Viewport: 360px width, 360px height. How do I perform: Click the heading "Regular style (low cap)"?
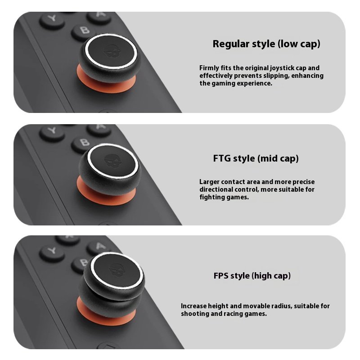(266, 44)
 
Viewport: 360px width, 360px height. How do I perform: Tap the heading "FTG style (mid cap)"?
(256, 158)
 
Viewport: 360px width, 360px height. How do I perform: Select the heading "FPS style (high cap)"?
(252, 275)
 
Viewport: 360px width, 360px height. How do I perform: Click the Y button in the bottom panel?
(52, 252)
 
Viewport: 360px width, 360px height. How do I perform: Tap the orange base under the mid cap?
(106, 195)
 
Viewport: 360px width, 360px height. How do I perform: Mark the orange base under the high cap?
(106, 315)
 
